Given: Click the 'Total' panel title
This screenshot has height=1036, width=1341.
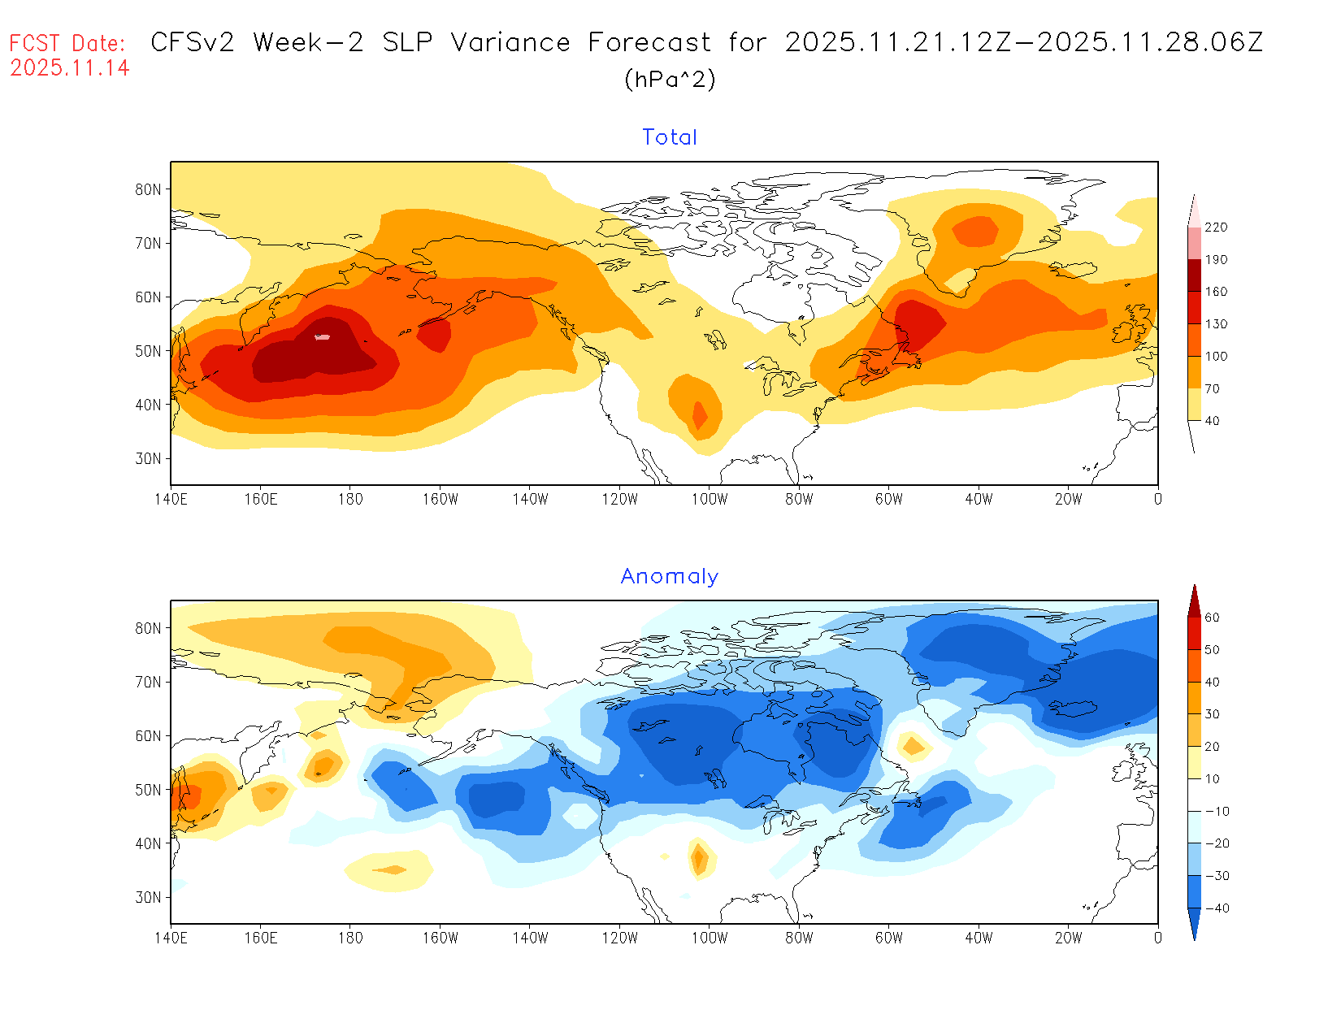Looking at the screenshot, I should click(x=669, y=137).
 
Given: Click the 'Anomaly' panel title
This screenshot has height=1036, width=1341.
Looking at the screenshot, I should click(x=669, y=576).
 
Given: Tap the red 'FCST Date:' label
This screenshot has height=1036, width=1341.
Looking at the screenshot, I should click(x=67, y=43).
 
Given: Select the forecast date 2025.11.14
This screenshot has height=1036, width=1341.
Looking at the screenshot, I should click(x=70, y=68).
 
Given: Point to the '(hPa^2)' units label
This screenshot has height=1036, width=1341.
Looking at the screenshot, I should click(x=670, y=79).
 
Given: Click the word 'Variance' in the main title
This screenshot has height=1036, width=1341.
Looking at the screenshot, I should click(x=510, y=42).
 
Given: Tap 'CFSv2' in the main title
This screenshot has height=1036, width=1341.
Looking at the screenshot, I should click(x=193, y=42).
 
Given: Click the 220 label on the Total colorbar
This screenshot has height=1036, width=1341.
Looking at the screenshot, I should click(x=1216, y=228).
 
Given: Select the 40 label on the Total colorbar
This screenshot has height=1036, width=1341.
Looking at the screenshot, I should click(x=1212, y=421).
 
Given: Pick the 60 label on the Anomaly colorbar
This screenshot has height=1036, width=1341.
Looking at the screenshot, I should click(x=1212, y=618).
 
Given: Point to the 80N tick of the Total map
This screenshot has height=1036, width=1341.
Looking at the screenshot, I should click(x=148, y=189).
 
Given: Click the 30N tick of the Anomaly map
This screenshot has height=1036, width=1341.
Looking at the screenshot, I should click(x=148, y=897).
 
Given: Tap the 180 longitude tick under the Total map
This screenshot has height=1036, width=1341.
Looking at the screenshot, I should click(x=350, y=499).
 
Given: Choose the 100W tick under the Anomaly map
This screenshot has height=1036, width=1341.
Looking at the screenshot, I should click(x=710, y=938).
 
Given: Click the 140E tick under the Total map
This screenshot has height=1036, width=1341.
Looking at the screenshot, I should click(x=171, y=499).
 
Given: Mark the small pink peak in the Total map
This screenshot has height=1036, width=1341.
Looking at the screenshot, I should click(x=323, y=336).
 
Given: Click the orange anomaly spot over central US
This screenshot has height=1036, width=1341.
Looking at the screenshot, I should click(x=699, y=858).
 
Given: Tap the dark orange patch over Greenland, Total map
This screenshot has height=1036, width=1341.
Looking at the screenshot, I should click(x=975, y=231).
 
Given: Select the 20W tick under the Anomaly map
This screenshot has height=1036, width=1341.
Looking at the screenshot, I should click(x=1068, y=938).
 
